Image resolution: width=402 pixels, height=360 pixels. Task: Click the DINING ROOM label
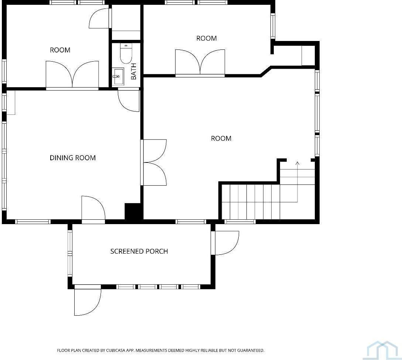[x=73, y=158]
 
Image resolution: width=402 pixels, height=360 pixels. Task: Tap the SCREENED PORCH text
[x=139, y=251]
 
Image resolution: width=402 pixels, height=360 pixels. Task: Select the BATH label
[x=134, y=71]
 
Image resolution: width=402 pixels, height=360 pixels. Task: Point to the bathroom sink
[x=118, y=77]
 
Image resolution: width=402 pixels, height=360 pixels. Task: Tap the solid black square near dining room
[x=133, y=211]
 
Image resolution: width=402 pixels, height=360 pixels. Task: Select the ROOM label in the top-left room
[x=60, y=50]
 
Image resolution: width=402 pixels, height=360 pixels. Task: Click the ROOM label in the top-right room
[x=207, y=38]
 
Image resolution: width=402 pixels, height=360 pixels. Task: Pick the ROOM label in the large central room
[x=221, y=138]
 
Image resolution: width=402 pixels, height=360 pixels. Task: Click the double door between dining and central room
[x=154, y=162]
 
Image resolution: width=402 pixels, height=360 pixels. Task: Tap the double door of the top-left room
[x=72, y=75]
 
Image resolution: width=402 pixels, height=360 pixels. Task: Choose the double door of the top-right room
[x=200, y=63]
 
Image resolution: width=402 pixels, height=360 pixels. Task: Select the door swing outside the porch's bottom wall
[x=88, y=301]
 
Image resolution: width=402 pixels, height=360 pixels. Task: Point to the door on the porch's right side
[x=226, y=243]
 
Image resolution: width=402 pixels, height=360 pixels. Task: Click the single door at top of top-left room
[x=100, y=18]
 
